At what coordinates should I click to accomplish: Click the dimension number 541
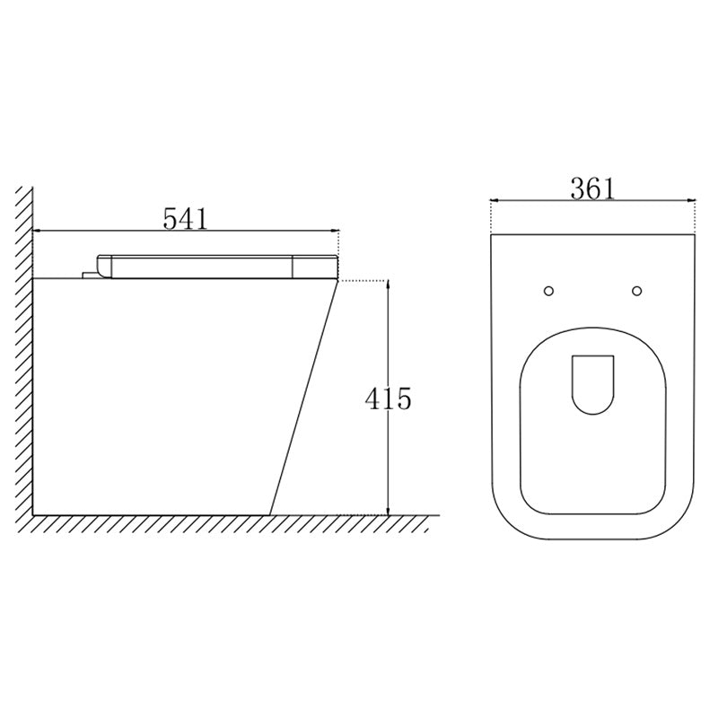[x=185, y=217]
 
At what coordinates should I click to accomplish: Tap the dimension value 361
[x=592, y=188]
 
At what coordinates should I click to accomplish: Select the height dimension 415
[x=388, y=398]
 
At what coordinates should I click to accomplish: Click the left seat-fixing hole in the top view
[x=549, y=290]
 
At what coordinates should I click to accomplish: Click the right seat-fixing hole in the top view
[x=637, y=290]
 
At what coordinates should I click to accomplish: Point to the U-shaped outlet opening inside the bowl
[x=592, y=384]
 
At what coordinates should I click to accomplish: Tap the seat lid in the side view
[x=215, y=266]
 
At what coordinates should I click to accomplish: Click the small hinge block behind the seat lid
[x=88, y=272]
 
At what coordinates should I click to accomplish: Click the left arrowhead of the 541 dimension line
[x=39, y=231]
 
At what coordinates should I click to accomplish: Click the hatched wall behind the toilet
[x=26, y=359]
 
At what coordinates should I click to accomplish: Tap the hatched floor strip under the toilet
[x=224, y=523]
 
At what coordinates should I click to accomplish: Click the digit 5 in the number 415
[x=403, y=398]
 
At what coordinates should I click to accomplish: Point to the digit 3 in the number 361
[x=578, y=188]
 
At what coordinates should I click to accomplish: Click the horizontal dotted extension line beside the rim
[x=363, y=281]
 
